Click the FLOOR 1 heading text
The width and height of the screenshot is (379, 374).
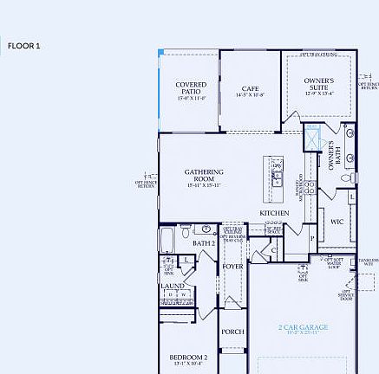[24, 46]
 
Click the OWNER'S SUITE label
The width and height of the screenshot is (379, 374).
[319, 84]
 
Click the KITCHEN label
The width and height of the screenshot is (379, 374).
[274, 213]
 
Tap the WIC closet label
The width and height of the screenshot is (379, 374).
[337, 222]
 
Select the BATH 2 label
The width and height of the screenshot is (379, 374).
[204, 244]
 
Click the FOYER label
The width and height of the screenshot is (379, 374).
[232, 267]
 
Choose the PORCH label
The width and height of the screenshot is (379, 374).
[232, 332]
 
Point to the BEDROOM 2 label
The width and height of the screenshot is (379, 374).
[188, 358]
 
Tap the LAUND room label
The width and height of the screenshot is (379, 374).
[173, 286]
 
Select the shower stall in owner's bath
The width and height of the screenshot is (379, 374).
[313, 139]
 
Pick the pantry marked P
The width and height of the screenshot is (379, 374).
[311, 237]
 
